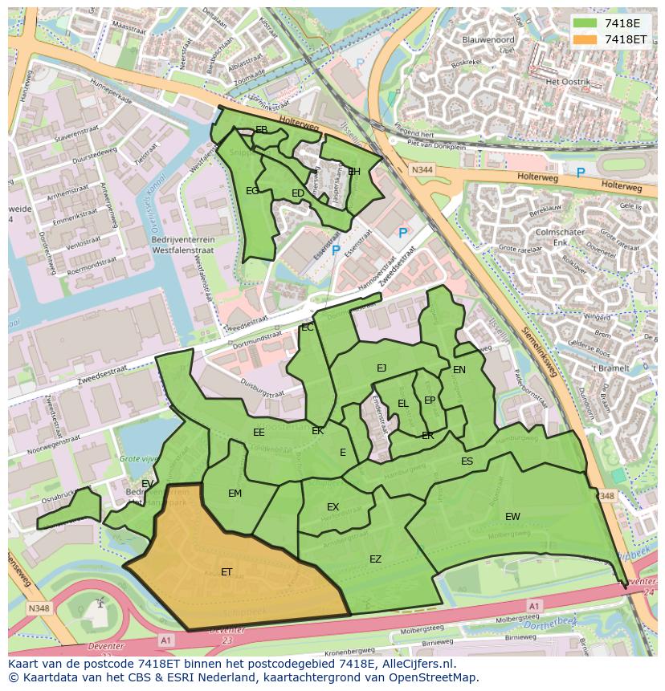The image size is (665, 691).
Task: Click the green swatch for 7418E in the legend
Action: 585,23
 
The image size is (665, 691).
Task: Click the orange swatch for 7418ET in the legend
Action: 585,39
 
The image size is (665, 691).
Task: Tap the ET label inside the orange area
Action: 226,572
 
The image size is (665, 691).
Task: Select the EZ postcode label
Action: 375,559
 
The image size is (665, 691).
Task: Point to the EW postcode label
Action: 512,516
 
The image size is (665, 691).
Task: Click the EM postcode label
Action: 235,494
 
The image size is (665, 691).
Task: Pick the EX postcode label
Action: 332,507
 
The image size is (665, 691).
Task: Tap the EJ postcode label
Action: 381,368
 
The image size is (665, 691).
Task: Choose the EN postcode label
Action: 459,370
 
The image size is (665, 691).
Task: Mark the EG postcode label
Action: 252,191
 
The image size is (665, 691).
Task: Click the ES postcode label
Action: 467,461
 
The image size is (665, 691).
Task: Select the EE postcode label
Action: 259,433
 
